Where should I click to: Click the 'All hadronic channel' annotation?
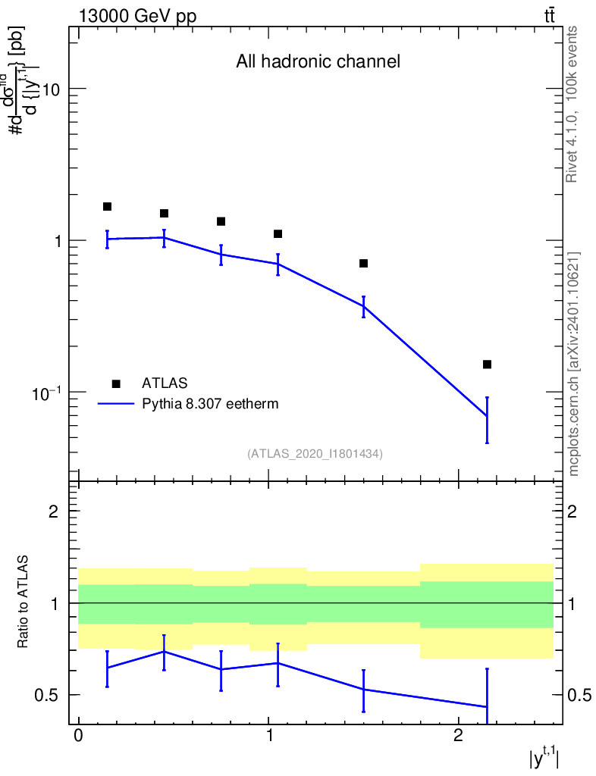tap(318, 61)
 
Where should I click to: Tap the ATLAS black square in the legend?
tap(116, 383)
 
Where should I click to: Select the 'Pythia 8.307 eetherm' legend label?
tap(210, 404)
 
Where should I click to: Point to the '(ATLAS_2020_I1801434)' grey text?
tap(315, 454)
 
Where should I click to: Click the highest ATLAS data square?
tap(107, 207)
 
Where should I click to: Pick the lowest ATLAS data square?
tap(487, 365)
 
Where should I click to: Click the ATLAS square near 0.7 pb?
tap(363, 263)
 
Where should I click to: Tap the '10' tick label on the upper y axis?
tap(52, 89)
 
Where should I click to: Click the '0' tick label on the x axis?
tap(78, 737)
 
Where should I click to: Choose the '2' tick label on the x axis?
tap(458, 737)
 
